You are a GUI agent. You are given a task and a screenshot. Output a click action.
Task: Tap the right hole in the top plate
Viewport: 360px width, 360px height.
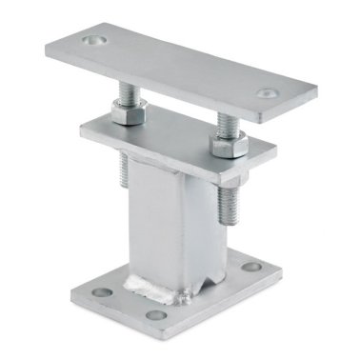coord(264,94)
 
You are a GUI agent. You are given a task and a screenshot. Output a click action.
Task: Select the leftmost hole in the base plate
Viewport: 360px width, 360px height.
coord(98,285)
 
